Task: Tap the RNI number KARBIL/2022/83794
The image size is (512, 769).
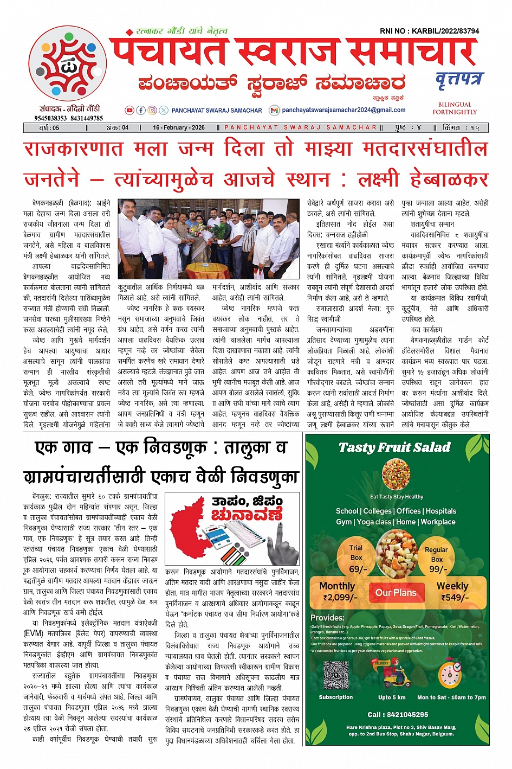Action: [429, 31]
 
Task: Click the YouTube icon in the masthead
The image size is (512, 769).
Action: [129, 110]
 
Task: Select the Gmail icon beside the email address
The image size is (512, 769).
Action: [275, 110]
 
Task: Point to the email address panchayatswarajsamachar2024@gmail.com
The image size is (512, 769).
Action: [344, 110]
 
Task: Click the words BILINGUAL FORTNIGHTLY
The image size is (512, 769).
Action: [455, 108]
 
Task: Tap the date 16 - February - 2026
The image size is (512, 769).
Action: [179, 128]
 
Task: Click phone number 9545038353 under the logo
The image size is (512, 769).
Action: [51, 118]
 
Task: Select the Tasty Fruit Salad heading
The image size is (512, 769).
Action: [394, 447]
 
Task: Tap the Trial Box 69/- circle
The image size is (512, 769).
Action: [357, 558]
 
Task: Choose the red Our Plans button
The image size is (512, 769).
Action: [396, 593]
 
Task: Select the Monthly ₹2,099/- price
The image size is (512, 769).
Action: [338, 592]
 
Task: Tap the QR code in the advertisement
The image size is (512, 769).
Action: [336, 675]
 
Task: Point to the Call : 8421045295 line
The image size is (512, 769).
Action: [398, 715]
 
